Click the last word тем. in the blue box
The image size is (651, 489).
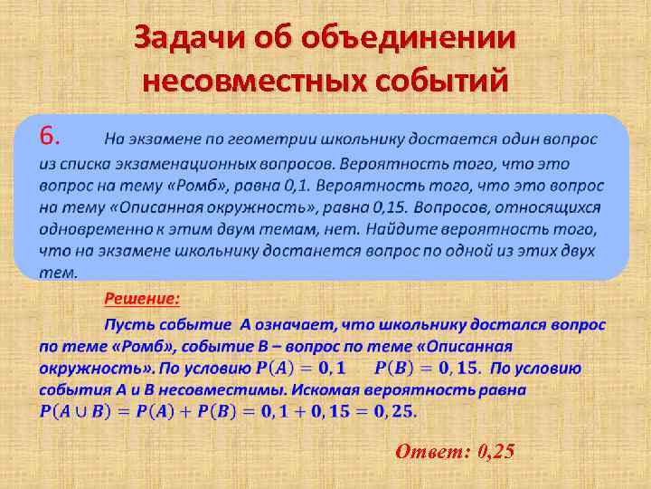click(58, 272)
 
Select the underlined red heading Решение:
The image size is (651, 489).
click(142, 299)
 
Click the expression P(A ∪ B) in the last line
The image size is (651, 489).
click(75, 412)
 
